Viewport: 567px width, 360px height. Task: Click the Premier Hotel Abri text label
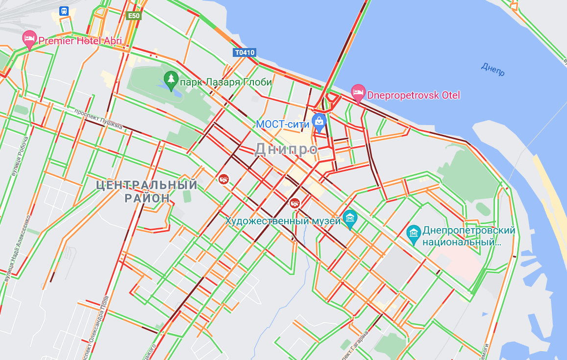[x=80, y=41]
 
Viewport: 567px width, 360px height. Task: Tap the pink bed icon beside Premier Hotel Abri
[x=29, y=39]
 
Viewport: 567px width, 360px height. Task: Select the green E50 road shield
[x=133, y=16]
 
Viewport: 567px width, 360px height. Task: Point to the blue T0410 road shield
[x=245, y=52]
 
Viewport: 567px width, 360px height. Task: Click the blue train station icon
[x=64, y=11]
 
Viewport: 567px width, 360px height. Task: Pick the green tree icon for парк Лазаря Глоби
[x=171, y=80]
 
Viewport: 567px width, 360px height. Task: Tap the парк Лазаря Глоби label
[x=225, y=82]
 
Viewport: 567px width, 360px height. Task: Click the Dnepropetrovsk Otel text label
[x=414, y=95]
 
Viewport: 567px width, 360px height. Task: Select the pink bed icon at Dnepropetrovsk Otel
[x=358, y=93]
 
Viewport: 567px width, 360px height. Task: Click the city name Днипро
[x=286, y=149]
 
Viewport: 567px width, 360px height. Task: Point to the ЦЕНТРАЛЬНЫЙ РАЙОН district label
[x=147, y=192]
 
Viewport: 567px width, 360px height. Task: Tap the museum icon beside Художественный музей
[x=350, y=218]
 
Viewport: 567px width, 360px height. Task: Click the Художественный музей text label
[x=283, y=221]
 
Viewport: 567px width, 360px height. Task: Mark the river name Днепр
[x=493, y=70]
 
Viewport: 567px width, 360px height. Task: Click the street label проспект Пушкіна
[x=98, y=119]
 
